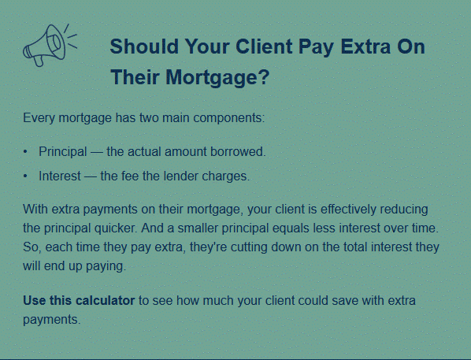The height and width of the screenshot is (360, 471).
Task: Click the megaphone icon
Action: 50,45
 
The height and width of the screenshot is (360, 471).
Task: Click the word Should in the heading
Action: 144,46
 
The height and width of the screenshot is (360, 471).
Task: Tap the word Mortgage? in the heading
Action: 217,77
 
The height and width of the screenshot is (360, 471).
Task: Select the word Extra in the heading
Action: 365,46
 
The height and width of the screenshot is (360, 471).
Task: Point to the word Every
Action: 39,118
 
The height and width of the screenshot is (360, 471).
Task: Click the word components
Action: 229,118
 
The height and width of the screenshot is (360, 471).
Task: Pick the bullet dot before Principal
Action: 25,152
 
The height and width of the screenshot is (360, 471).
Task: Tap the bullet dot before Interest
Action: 25,176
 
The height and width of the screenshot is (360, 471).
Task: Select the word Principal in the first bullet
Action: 63,152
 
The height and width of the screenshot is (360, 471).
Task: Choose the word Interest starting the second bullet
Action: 60,176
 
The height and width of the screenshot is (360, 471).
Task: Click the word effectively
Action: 348,210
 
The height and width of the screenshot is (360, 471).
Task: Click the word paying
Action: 106,266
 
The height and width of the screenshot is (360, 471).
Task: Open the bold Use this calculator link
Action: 79,300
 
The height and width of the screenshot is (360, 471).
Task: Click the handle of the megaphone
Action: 39,61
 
